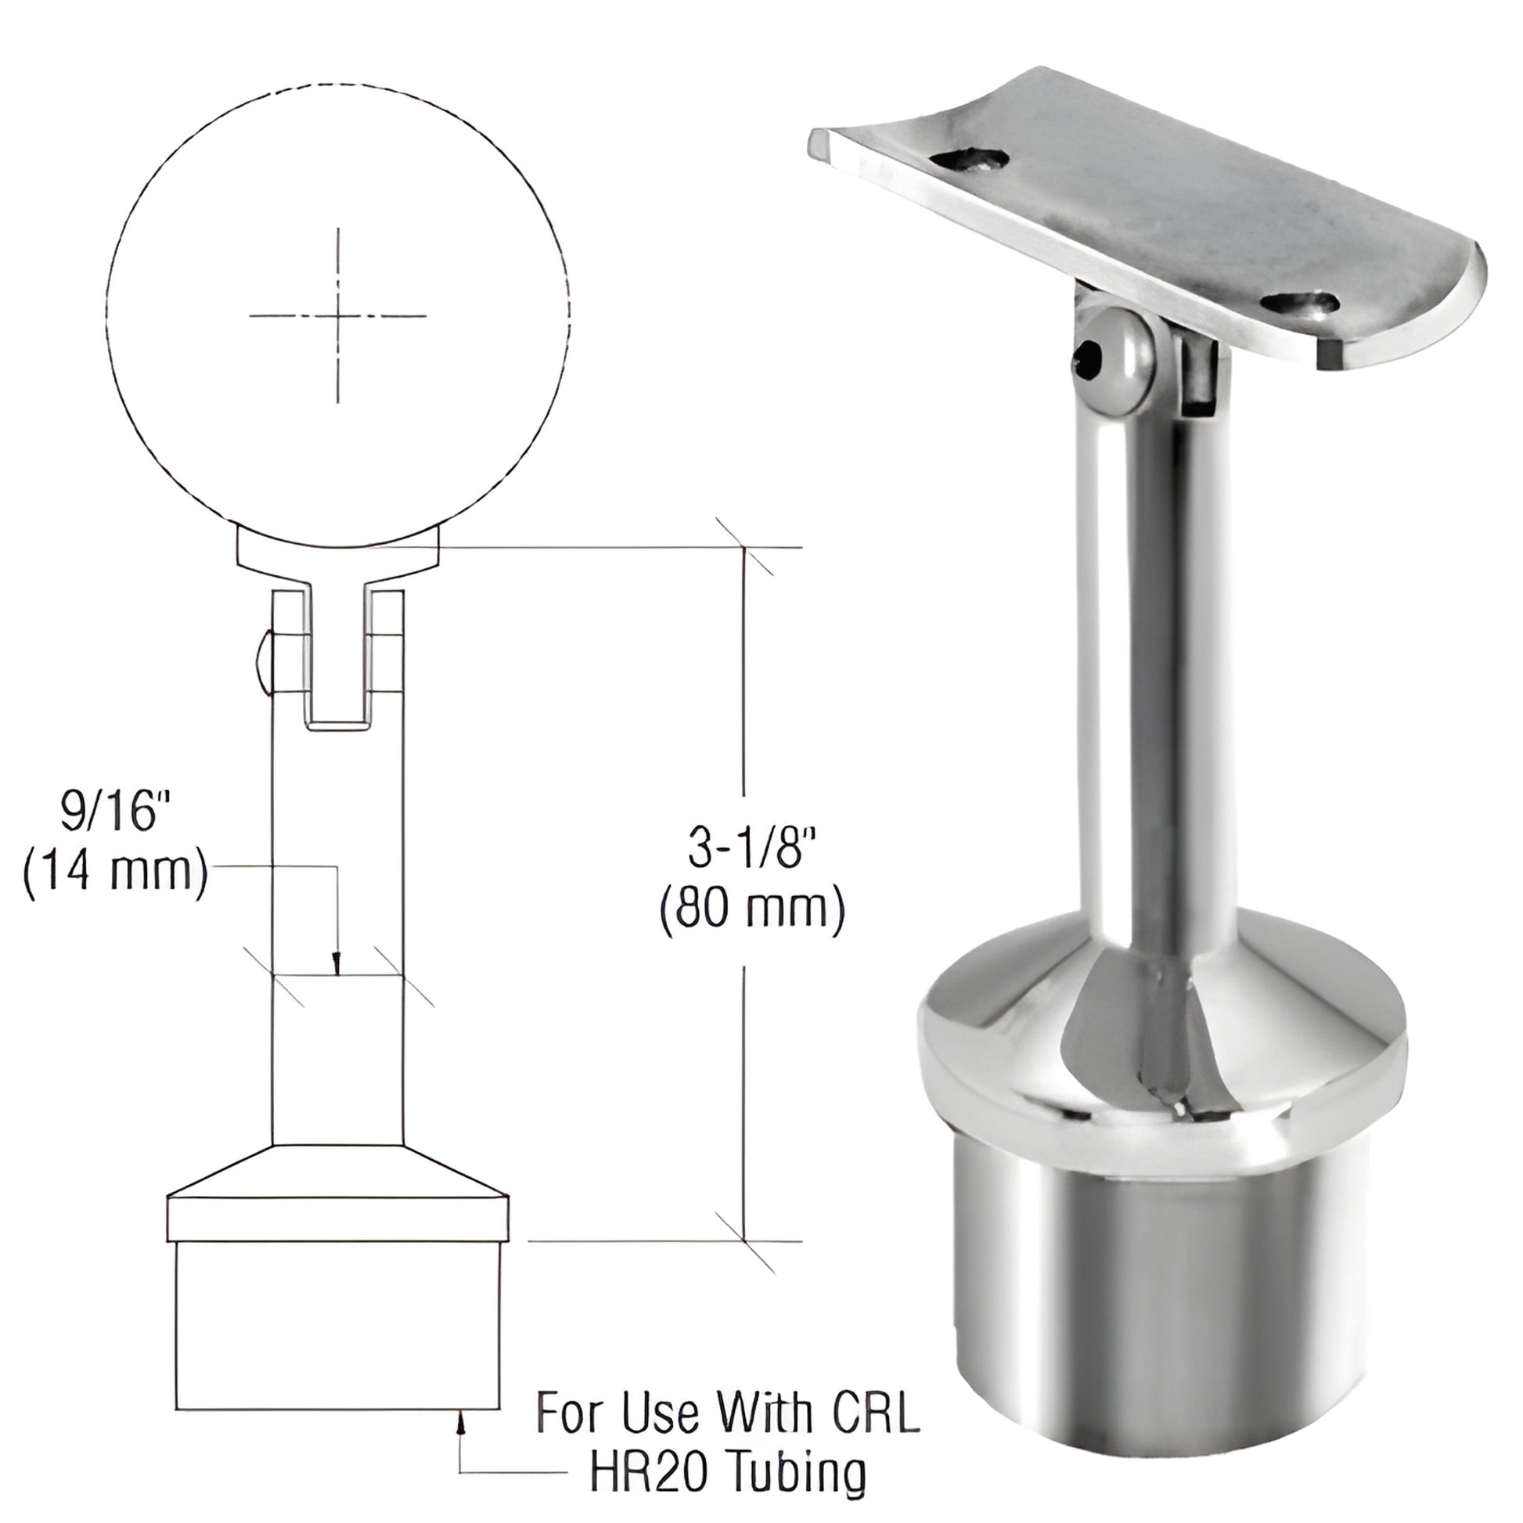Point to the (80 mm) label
pos(751,913)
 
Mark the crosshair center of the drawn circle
pos(338,317)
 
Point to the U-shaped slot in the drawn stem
pos(338,670)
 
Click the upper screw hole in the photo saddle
pos(970,160)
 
